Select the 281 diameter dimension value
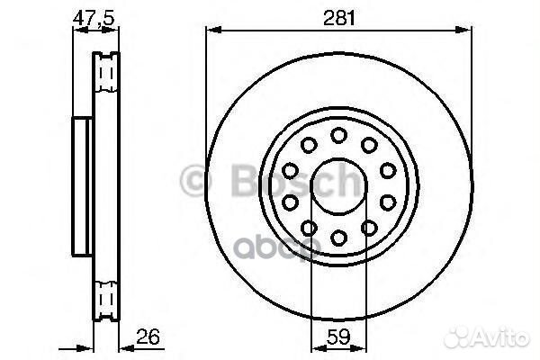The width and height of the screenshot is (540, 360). pyautogui.click(x=340, y=16)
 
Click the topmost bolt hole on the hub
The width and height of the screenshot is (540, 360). pyautogui.click(x=339, y=135)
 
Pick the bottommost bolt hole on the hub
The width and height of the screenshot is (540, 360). pyautogui.click(x=339, y=238)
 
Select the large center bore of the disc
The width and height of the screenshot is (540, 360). pyautogui.click(x=339, y=186)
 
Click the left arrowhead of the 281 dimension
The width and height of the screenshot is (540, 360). pyautogui.click(x=212, y=31)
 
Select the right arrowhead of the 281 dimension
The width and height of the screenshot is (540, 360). pyautogui.click(x=467, y=31)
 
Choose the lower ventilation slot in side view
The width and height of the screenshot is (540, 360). pyautogui.click(x=105, y=296)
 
